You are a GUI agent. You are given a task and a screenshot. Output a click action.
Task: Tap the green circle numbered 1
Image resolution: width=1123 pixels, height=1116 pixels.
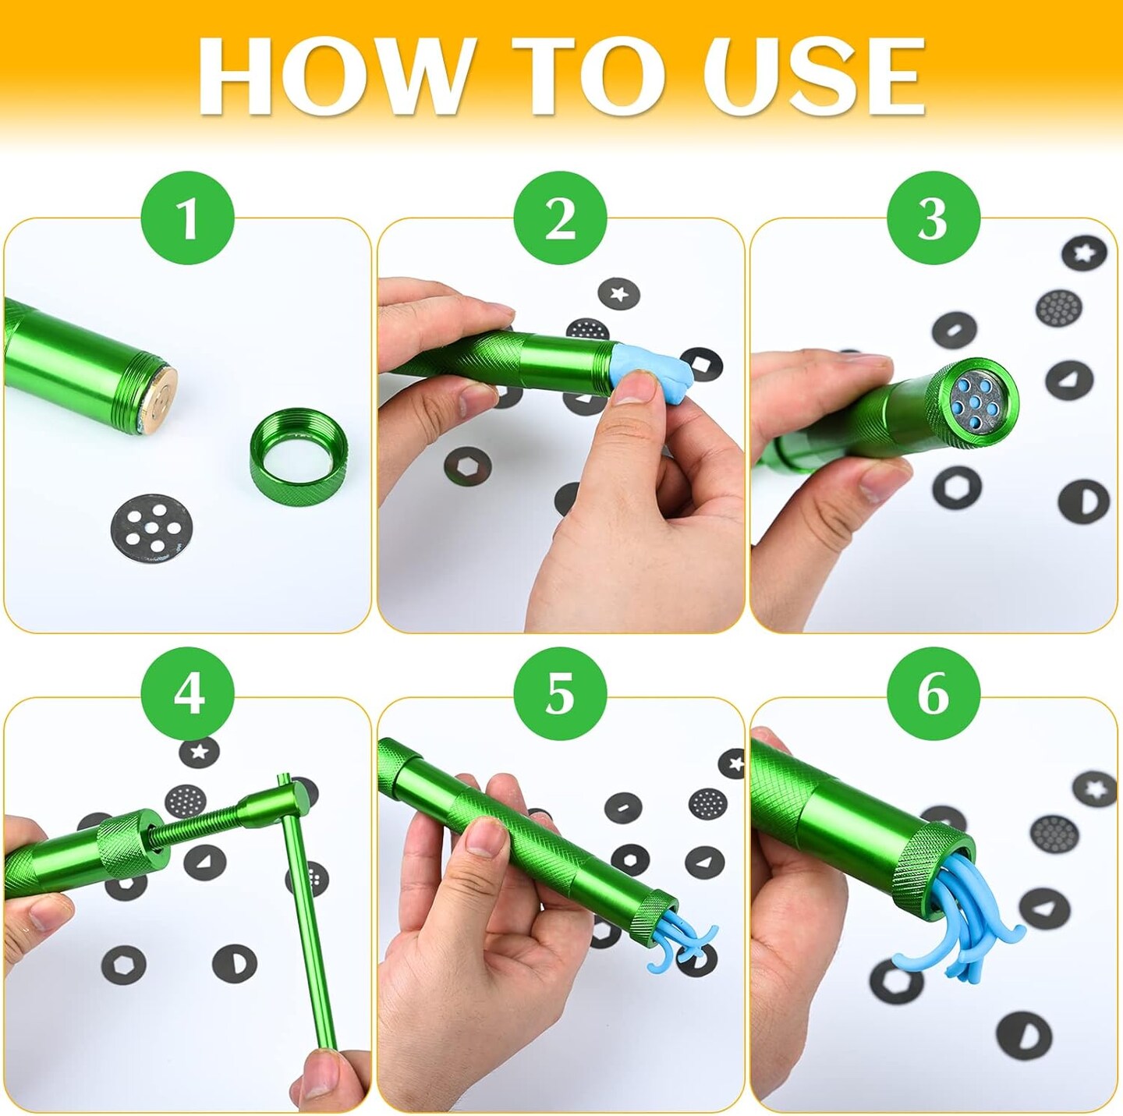click(187, 218)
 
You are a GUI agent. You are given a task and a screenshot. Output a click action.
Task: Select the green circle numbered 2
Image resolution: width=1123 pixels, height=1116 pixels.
click(560, 218)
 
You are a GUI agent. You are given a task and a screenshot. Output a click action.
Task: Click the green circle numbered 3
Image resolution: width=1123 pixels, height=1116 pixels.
click(933, 218)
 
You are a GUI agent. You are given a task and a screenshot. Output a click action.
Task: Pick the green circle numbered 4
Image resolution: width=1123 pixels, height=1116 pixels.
click(187, 693)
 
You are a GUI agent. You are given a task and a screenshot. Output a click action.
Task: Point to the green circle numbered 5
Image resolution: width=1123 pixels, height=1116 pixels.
click(560, 693)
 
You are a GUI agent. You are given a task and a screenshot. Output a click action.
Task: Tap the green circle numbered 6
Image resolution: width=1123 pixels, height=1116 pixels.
click(933, 693)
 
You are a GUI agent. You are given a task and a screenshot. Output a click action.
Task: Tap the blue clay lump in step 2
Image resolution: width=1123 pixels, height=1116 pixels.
click(647, 371)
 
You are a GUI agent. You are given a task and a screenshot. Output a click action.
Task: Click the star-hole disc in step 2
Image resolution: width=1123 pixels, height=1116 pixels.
click(618, 294)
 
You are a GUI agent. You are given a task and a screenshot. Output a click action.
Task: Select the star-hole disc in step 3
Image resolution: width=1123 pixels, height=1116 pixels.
click(1084, 253)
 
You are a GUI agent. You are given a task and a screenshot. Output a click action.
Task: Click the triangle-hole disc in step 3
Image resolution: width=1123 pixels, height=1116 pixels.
click(1068, 381)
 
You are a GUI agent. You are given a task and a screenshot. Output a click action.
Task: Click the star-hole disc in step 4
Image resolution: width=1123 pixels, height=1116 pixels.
click(200, 752)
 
